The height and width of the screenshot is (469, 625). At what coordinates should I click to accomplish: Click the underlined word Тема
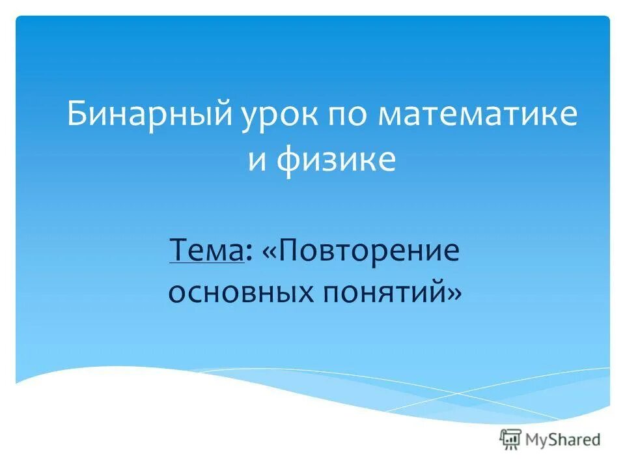pyautogui.click(x=206, y=251)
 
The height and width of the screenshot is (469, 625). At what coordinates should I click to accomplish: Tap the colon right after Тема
pyautogui.click(x=250, y=253)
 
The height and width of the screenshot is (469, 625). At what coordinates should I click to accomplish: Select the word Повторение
pyautogui.click(x=370, y=251)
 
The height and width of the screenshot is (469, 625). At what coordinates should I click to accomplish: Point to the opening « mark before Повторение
pyautogui.click(x=269, y=252)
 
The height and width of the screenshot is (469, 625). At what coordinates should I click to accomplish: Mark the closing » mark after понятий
pyautogui.click(x=454, y=294)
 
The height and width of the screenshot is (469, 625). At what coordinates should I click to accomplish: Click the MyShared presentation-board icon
pyautogui.click(x=511, y=439)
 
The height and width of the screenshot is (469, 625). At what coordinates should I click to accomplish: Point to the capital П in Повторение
pyautogui.click(x=289, y=251)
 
